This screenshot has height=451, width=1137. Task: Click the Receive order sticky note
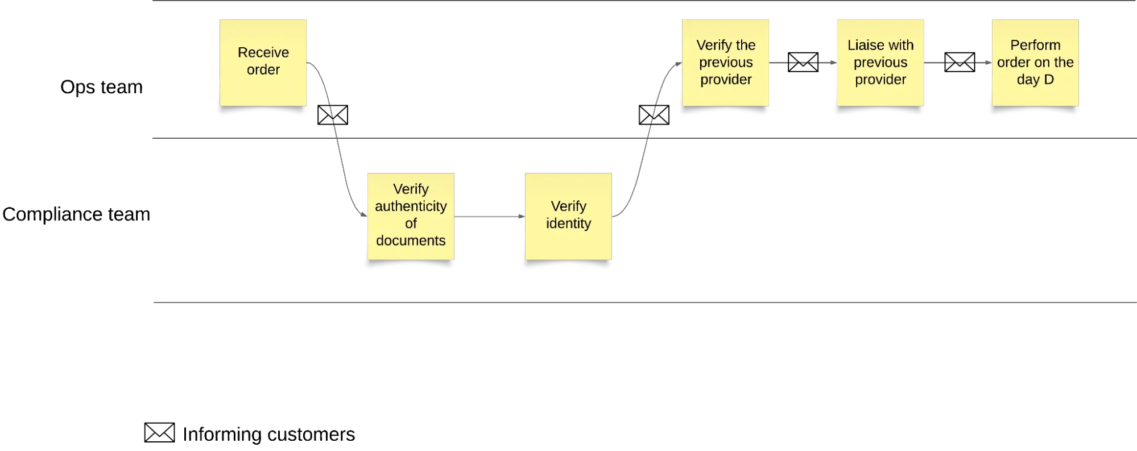pyautogui.click(x=263, y=85)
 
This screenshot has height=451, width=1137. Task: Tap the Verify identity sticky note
pyautogui.click(x=568, y=242)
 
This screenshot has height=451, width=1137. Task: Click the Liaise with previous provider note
pyautogui.click(x=880, y=93)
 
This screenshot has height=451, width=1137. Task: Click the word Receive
pyautogui.click(x=263, y=52)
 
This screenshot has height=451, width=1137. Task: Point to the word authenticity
pyautogui.click(x=411, y=206)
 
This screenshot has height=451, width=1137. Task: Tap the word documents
pyautogui.click(x=411, y=241)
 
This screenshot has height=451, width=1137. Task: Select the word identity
pyautogui.click(x=568, y=224)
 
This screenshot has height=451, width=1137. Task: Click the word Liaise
pyautogui.click(x=863, y=45)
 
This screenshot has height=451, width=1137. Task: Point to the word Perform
pyautogui.click(x=1035, y=45)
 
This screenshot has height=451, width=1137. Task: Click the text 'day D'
pyautogui.click(x=1035, y=80)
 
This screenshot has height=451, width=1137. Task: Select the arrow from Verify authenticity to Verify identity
pyautogui.click(x=489, y=216)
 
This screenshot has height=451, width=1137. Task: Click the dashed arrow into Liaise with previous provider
pyautogui.click(x=803, y=62)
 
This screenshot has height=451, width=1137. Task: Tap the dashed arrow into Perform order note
pyautogui.click(x=958, y=62)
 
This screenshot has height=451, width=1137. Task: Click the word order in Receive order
pyautogui.click(x=263, y=70)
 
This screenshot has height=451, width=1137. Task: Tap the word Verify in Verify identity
pyautogui.click(x=568, y=206)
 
